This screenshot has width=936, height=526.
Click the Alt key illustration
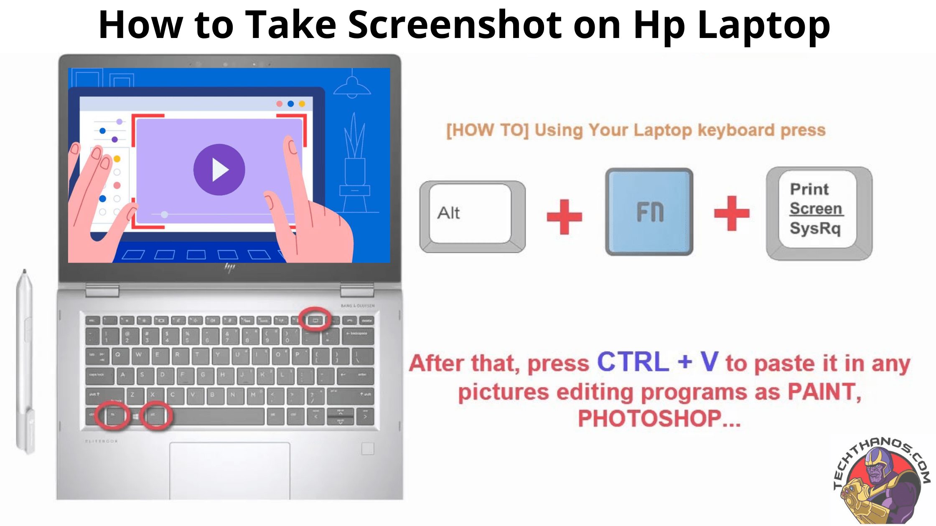tap(472, 215)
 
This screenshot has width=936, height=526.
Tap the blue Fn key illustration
tap(649, 212)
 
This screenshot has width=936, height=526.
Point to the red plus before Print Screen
tap(731, 213)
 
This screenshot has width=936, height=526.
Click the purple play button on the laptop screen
tap(219, 169)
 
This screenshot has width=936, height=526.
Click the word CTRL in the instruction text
tap(633, 362)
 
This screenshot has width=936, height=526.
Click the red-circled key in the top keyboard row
tap(315, 320)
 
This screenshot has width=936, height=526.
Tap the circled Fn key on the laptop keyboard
tap(113, 415)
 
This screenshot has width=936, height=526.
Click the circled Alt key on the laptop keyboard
tap(155, 415)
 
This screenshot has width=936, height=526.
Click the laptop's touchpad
tap(229, 470)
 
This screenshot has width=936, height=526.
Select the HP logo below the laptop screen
tap(229, 268)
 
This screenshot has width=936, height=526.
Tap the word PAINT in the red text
tap(824, 392)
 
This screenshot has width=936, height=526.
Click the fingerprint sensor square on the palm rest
tap(368, 449)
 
